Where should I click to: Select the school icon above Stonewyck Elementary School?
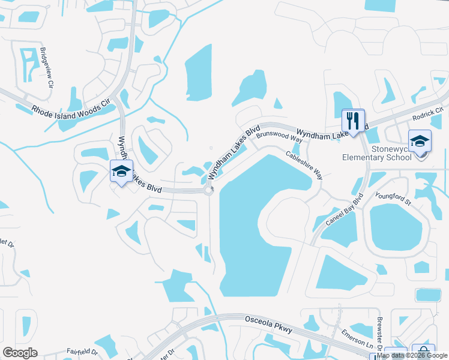click(420, 142)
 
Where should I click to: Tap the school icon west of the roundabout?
click(122, 171)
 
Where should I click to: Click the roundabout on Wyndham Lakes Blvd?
click(209, 191)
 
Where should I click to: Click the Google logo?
click(20, 353)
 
